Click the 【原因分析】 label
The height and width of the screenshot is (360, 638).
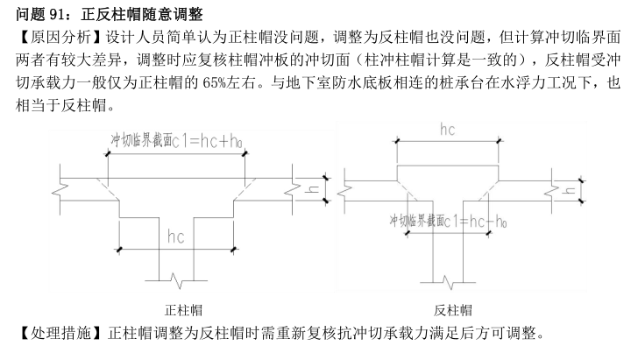tap(58, 38)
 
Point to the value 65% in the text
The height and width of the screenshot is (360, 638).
tap(215, 83)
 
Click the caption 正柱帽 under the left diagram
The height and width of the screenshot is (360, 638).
tap(183, 310)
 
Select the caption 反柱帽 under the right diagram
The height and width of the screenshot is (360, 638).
tap(453, 310)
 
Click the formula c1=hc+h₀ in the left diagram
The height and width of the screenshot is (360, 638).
tap(207, 142)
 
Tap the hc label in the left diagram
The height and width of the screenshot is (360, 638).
tap(176, 236)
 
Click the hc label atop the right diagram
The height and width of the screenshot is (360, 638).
tap(447, 130)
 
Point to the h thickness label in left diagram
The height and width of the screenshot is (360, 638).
tap(313, 189)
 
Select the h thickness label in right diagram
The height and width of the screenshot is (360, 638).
tap(569, 190)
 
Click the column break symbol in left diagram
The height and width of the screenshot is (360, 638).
tap(176, 280)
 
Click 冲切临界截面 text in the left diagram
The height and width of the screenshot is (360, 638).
tap(141, 140)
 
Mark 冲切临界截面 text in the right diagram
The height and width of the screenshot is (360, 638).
tap(417, 221)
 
